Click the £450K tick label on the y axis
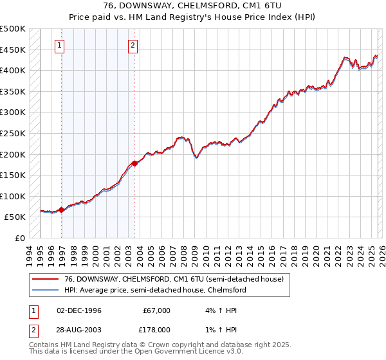13,50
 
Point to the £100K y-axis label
13,197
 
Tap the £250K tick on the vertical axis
13,134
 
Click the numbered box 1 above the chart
59,45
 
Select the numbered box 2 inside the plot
133,45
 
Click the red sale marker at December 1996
61,210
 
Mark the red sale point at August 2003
134,163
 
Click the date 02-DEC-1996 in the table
79,310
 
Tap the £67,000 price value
156,310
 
